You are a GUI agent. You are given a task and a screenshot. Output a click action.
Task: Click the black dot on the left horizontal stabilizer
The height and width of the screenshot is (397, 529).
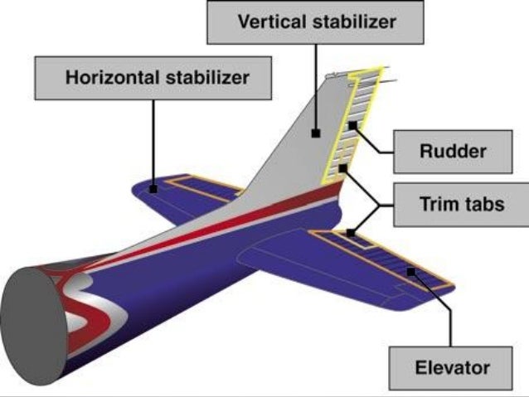pyautogui.click(x=154, y=189)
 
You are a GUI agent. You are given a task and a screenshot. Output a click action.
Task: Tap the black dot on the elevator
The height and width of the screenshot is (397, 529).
pyautogui.click(x=410, y=271)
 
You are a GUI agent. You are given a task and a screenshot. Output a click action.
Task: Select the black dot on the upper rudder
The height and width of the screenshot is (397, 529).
pyautogui.click(x=352, y=125)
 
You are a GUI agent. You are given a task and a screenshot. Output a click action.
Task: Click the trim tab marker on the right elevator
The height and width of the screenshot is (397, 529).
pyautogui.click(x=351, y=234)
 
